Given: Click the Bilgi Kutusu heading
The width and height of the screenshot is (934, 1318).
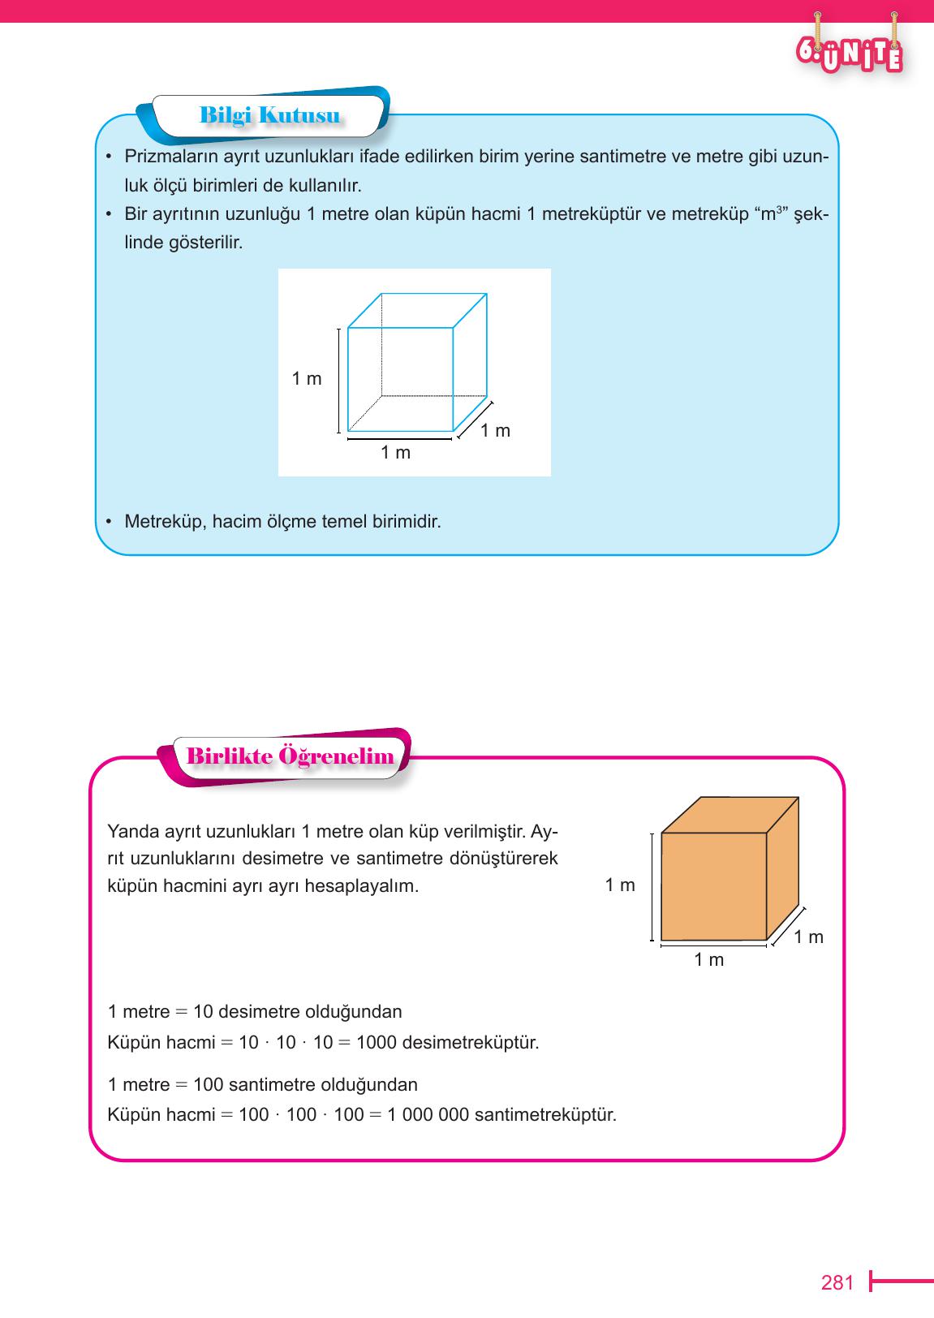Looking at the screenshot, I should [269, 115].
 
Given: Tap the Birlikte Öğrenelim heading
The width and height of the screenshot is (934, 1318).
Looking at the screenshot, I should [290, 756].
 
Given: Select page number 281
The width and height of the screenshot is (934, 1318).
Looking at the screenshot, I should [837, 1282].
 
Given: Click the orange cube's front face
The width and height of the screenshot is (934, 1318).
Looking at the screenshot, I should [713, 886].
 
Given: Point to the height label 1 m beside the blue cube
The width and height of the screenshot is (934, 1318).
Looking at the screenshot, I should [307, 378].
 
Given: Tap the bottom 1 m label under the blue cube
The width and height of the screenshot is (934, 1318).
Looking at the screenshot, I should [396, 453].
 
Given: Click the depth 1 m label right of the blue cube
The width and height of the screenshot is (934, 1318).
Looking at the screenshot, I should [495, 431].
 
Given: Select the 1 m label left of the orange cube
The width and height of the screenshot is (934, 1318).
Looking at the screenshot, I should [620, 885].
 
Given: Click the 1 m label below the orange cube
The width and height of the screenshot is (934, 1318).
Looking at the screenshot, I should [708, 960].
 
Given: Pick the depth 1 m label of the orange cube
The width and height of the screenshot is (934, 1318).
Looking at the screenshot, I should [808, 937].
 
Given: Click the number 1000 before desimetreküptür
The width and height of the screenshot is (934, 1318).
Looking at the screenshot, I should [377, 1042].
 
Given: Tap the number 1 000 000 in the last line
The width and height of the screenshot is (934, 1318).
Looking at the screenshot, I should [428, 1114].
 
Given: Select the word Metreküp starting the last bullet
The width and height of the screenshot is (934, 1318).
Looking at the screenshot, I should [165, 521].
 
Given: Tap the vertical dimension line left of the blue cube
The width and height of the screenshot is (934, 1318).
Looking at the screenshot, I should [339, 380].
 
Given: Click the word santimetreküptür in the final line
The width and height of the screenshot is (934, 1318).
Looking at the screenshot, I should [545, 1114].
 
